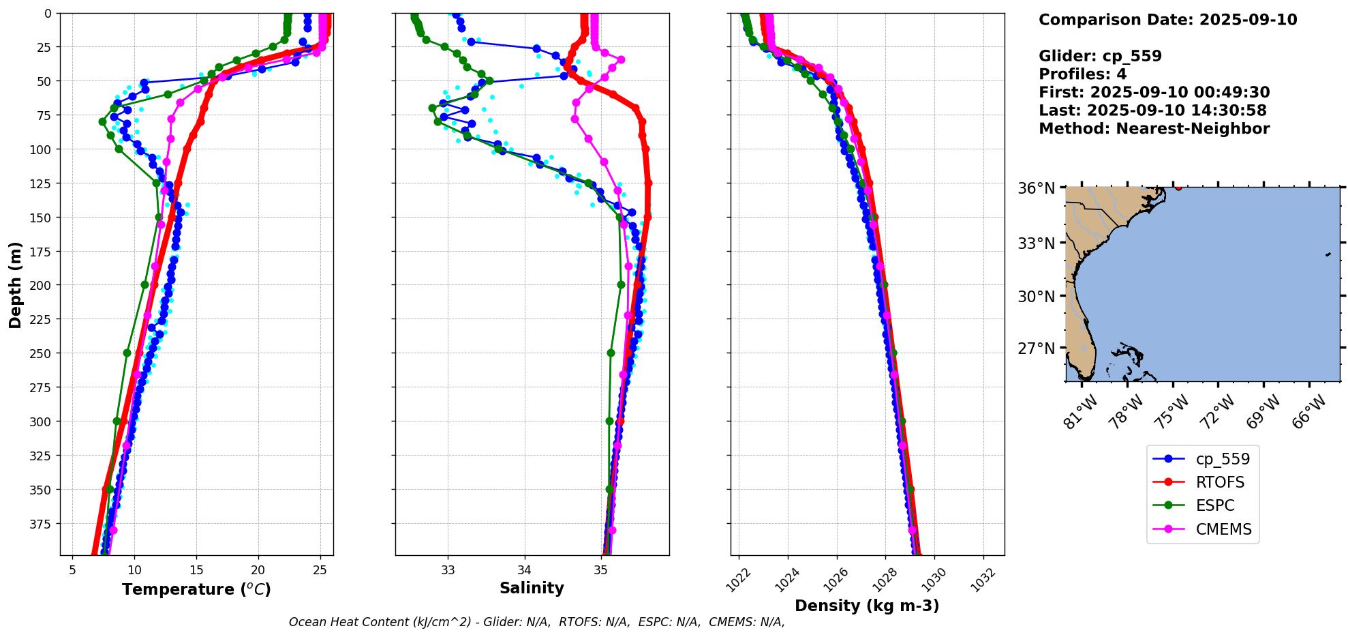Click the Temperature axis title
pos(196,589)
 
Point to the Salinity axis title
pos(532,588)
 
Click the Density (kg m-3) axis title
pos(867,606)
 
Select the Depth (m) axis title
pos(15,284)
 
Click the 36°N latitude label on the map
pos(1036,188)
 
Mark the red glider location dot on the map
pos(1178,187)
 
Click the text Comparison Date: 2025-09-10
pos(1167,20)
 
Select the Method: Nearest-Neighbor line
pos(1154,129)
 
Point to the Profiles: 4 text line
pos(1082,74)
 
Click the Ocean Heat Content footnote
pos(536,622)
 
